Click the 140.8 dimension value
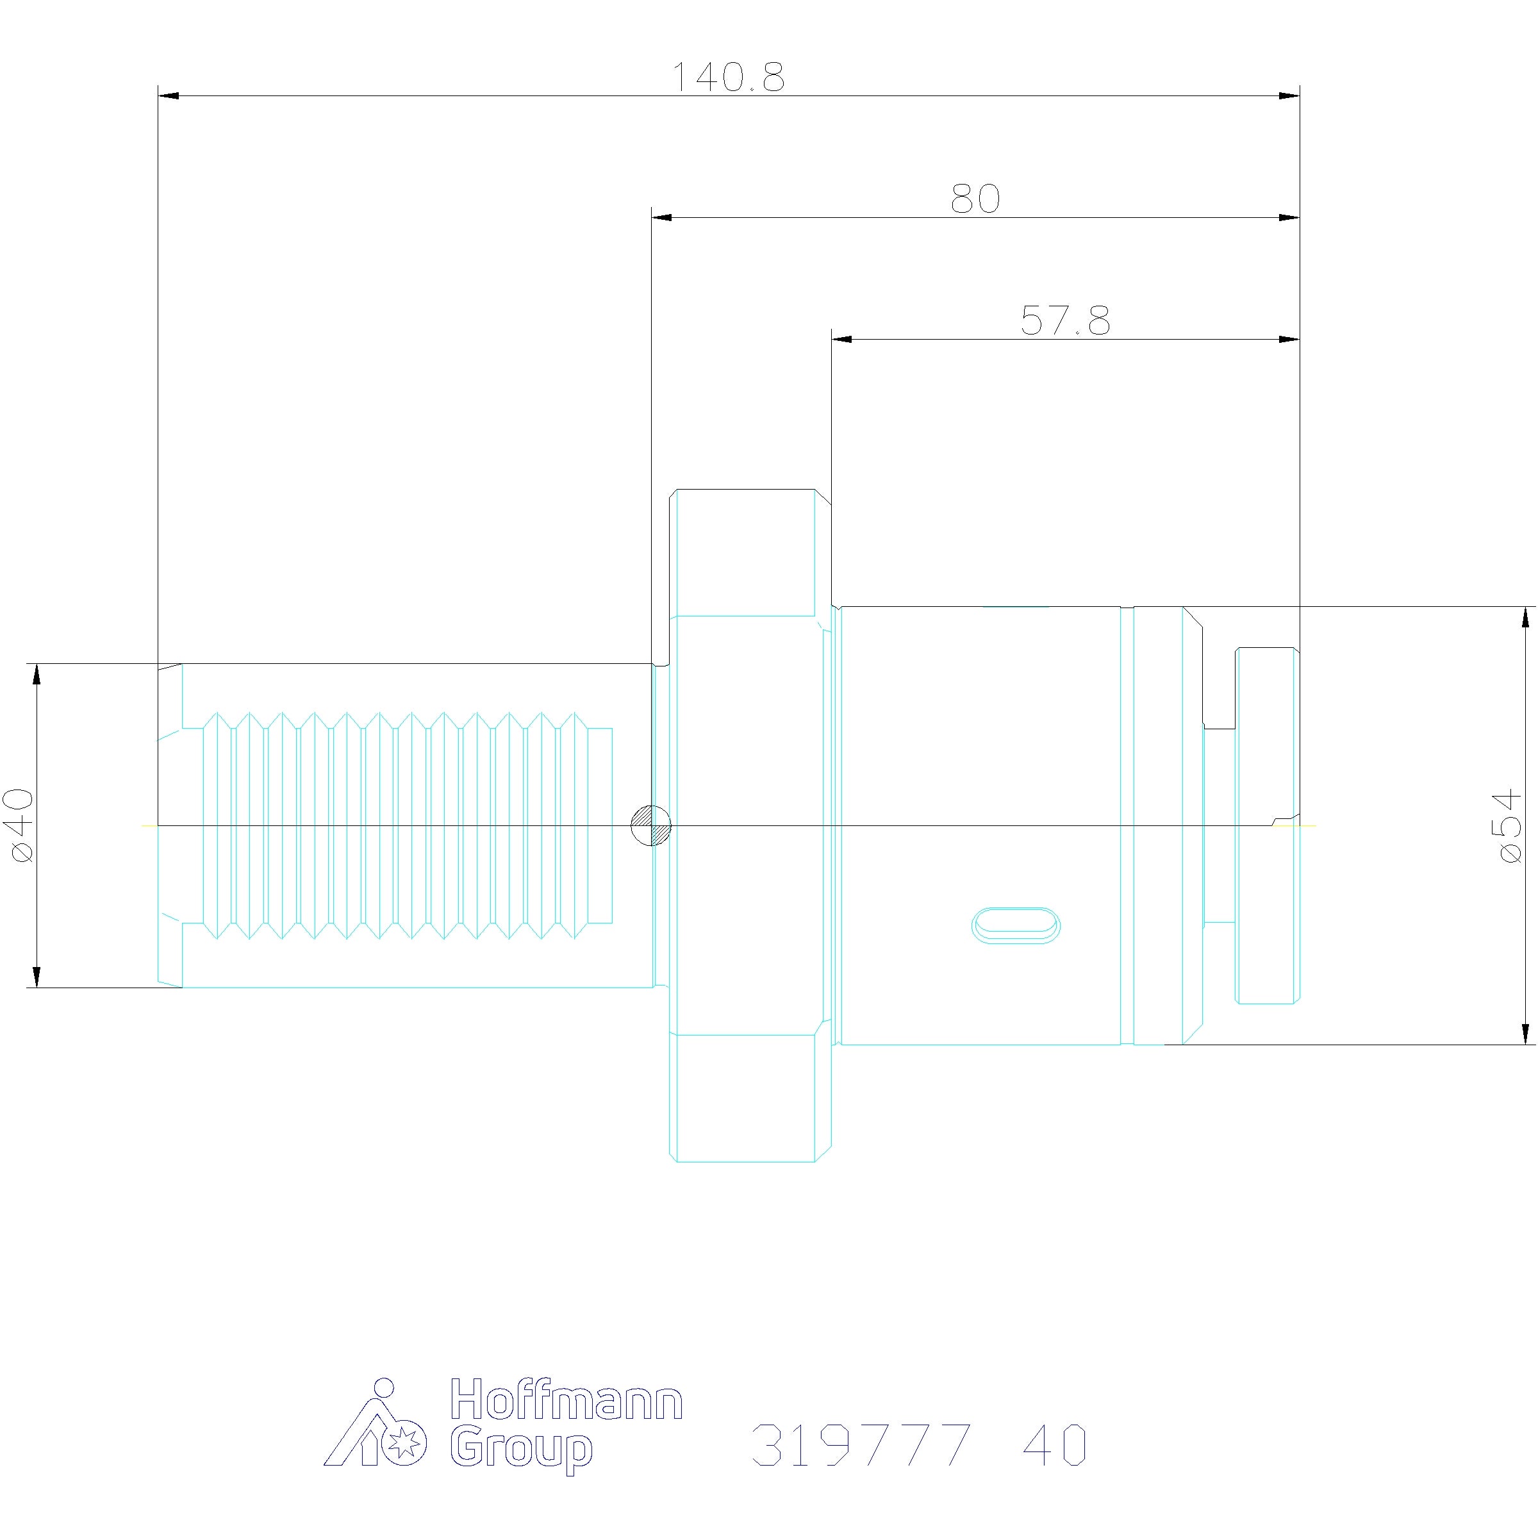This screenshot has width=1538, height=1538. click(729, 77)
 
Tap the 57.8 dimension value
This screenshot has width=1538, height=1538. click(1065, 321)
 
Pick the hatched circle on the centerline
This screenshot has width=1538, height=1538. click(650, 825)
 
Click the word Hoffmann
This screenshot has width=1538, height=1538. click(566, 1411)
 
